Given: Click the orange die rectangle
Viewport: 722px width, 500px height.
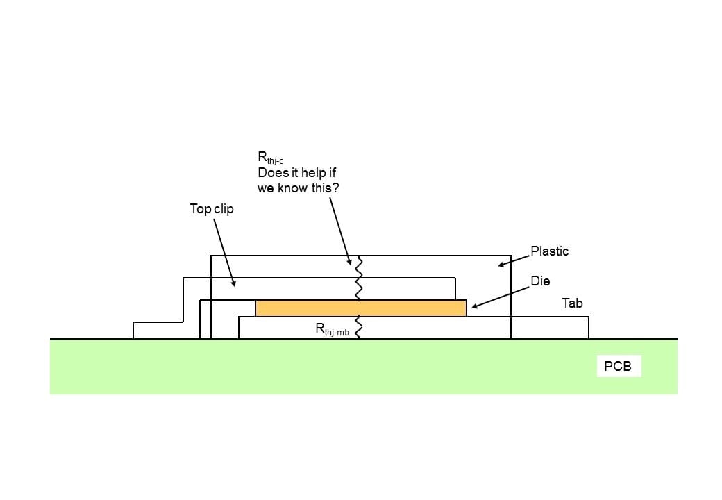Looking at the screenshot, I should click(360, 308).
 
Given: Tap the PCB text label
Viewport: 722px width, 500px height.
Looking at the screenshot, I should click(618, 366).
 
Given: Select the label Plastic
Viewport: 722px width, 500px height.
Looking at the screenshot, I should click(549, 251).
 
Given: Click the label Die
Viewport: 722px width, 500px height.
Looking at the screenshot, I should click(540, 281).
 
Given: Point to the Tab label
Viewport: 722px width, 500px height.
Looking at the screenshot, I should click(572, 303).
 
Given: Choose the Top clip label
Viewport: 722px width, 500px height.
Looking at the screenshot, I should click(212, 208).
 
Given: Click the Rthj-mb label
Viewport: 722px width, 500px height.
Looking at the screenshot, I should click(332, 330).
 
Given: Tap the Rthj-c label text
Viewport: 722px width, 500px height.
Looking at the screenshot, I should click(270, 158).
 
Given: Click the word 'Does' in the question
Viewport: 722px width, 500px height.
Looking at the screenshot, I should click(272, 173).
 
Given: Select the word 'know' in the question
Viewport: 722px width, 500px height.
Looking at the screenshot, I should click(292, 188).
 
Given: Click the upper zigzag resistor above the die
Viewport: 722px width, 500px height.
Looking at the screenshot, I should click(360, 278).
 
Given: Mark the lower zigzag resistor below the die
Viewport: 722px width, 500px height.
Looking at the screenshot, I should click(359, 327).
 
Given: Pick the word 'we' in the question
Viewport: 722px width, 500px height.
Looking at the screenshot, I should click(266, 188).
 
